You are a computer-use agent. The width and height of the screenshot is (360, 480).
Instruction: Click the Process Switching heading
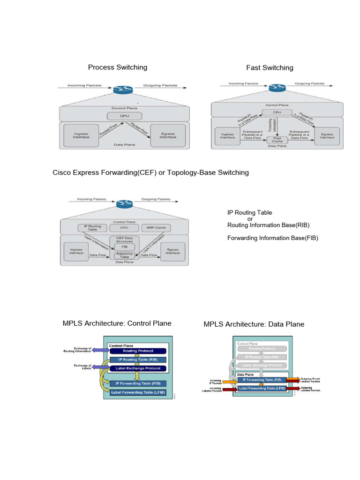click(118, 67)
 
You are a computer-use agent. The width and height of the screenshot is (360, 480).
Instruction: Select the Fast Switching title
click(270, 67)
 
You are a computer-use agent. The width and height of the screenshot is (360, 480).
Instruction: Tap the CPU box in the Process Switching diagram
click(124, 116)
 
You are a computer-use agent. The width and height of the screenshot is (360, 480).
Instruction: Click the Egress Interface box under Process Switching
click(167, 135)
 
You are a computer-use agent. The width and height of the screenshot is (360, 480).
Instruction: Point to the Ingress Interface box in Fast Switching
click(227, 135)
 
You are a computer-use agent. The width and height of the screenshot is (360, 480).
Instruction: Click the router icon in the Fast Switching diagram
click(277, 88)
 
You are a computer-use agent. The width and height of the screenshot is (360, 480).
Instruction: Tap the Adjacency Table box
click(124, 256)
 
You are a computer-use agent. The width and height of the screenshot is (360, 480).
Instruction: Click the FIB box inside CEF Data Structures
click(125, 247)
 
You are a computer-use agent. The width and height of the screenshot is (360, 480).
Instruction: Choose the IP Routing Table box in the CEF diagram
click(92, 228)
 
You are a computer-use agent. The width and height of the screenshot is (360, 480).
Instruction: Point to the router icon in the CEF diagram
click(125, 203)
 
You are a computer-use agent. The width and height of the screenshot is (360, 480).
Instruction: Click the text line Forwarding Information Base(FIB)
click(273, 238)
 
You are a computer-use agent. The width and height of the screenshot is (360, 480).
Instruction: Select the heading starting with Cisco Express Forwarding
click(150, 172)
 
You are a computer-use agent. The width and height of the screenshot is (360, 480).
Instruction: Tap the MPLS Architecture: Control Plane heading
click(117, 323)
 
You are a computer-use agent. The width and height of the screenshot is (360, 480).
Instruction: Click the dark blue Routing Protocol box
click(137, 351)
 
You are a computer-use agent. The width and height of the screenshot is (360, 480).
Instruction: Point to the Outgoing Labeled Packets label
click(310, 389)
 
